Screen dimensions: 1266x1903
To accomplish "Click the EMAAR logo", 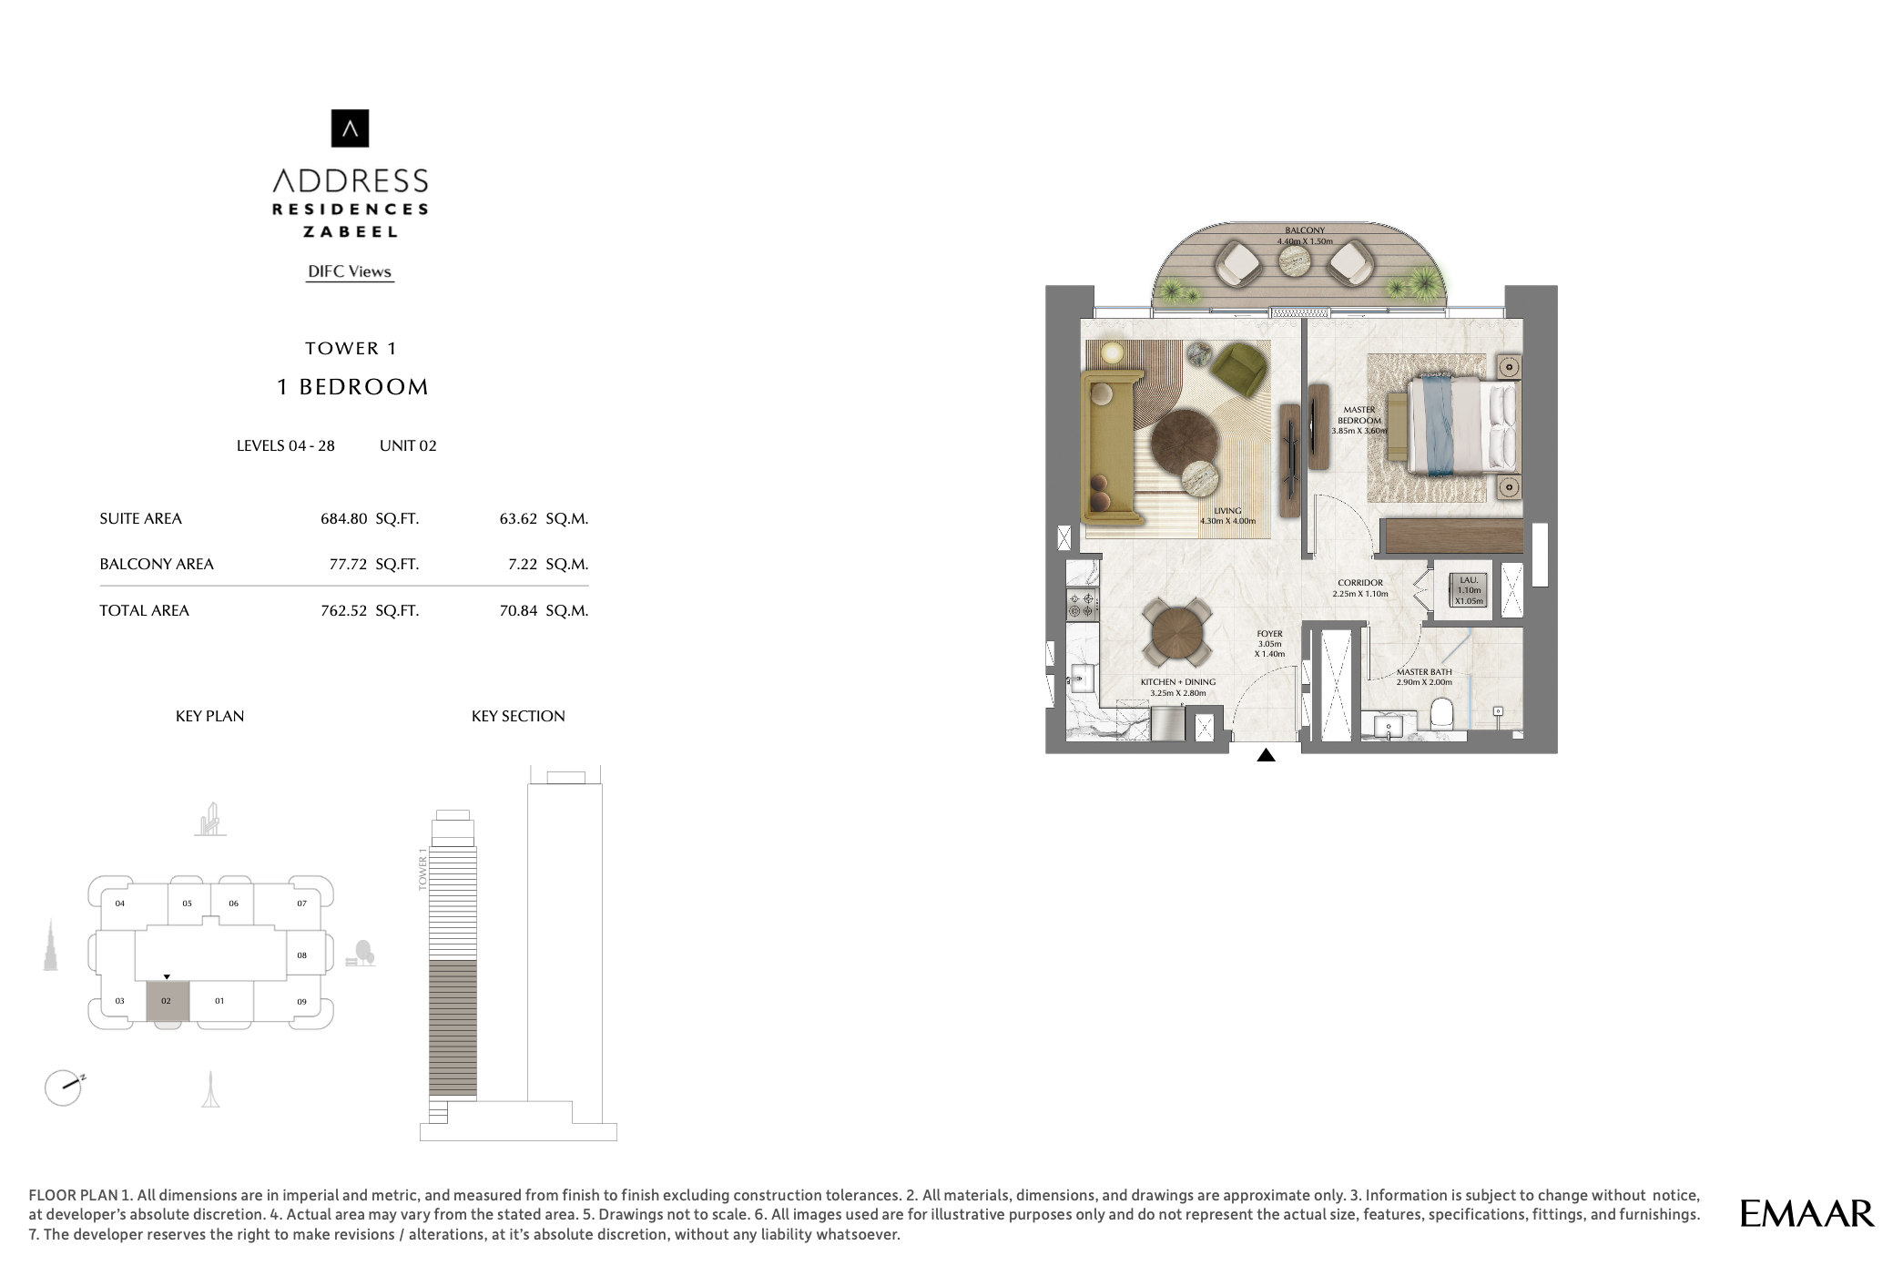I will (x=1806, y=1213).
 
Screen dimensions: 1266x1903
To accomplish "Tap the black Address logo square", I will (x=350, y=128).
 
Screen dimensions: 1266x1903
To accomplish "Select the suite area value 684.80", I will (x=343, y=519).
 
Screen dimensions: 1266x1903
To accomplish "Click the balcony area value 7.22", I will (x=523, y=565).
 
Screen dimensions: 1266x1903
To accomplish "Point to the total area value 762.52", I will (x=343, y=611).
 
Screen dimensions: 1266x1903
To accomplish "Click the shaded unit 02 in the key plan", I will (x=168, y=1001).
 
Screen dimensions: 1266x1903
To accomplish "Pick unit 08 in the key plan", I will (x=302, y=955).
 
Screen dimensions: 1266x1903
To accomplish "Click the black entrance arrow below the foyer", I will (x=1266, y=755).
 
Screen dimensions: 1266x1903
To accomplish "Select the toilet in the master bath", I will (x=1441, y=713).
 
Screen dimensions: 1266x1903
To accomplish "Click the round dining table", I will (x=1177, y=631).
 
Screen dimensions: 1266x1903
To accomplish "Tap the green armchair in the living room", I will (x=1239, y=368).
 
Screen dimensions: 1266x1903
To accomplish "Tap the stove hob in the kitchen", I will (x=1083, y=604).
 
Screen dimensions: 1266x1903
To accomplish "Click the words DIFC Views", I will (x=350, y=271).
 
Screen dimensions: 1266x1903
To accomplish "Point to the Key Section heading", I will (x=518, y=717).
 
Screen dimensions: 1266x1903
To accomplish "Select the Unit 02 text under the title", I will (x=408, y=446).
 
